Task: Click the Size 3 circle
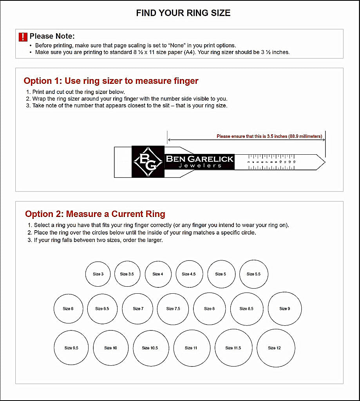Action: (x=98, y=274)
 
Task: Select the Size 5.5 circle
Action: (x=253, y=274)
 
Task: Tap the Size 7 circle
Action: (x=138, y=309)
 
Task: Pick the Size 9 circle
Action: (x=285, y=309)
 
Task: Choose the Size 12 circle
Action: (x=274, y=348)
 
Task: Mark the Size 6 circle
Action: (x=68, y=309)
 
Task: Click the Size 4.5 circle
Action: (x=189, y=274)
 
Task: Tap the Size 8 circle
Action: (x=210, y=309)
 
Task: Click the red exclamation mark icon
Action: (x=23, y=37)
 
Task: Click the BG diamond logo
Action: (x=148, y=161)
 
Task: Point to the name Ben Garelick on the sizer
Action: (x=199, y=159)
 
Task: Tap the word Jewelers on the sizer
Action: (x=200, y=166)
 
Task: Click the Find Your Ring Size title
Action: (x=183, y=13)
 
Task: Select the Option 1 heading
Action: (x=111, y=81)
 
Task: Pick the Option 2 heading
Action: (x=95, y=214)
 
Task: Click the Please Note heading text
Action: (x=52, y=36)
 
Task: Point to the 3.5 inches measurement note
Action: (x=269, y=136)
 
